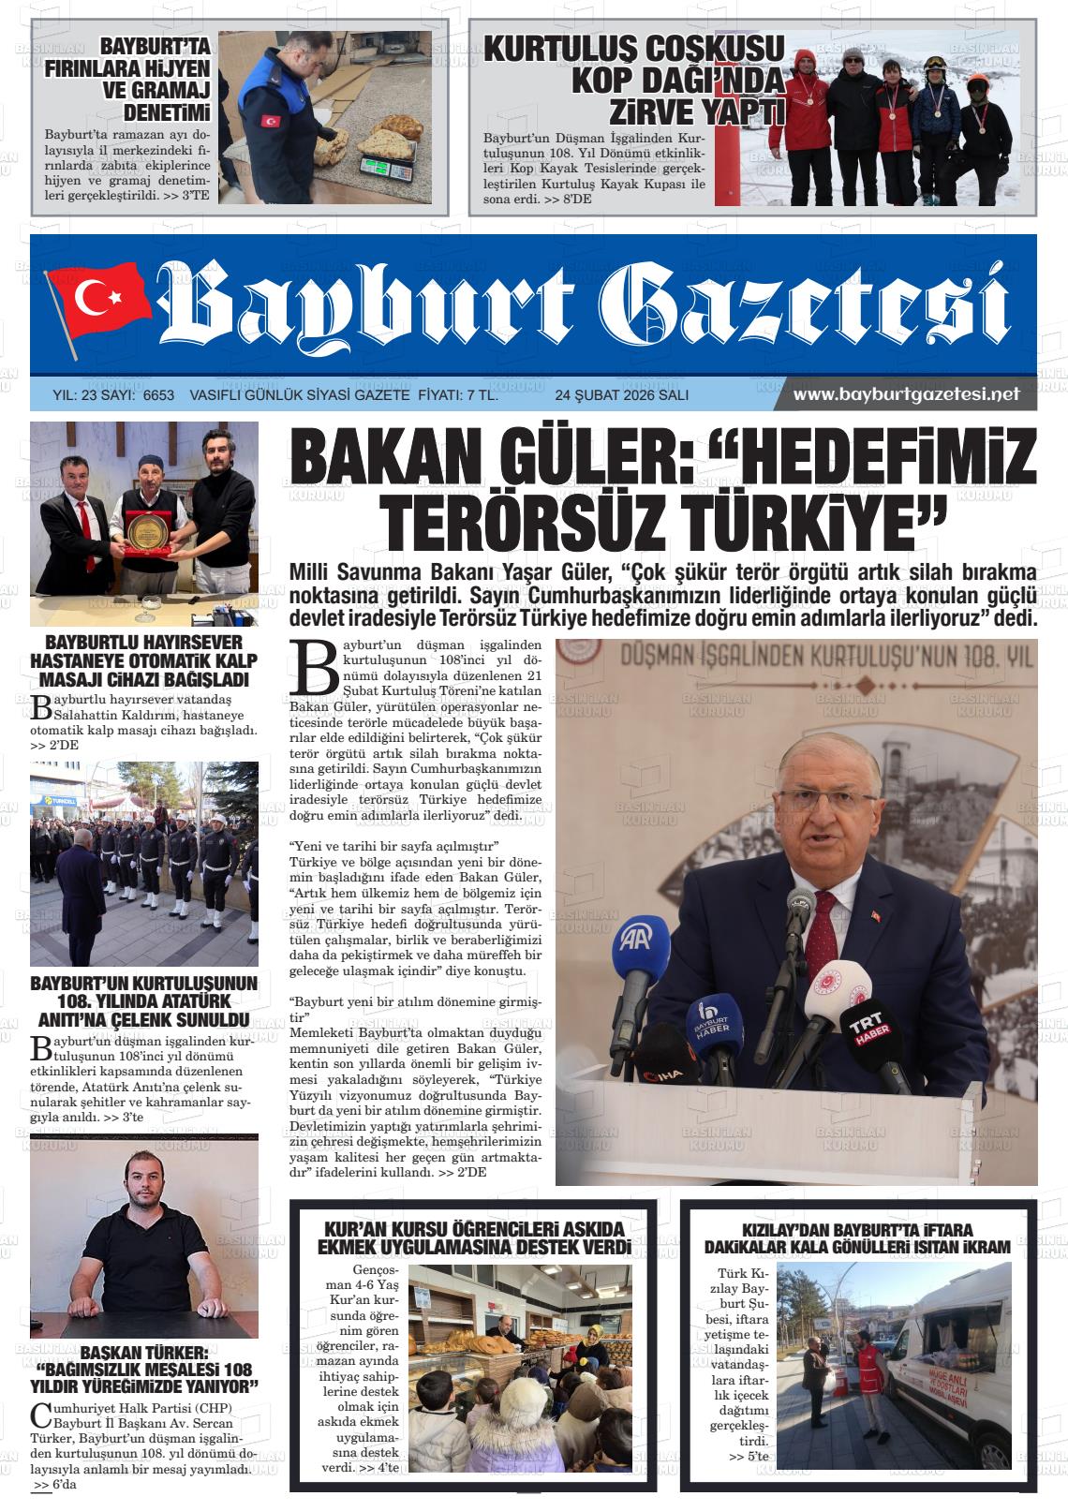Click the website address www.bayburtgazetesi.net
[905, 394]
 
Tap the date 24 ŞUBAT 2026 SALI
[621, 395]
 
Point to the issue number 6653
[158, 395]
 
